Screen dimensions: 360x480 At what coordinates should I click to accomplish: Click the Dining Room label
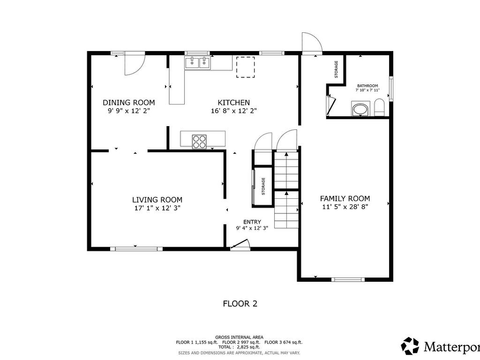(128, 103)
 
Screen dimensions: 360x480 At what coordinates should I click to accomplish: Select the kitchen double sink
(197, 63)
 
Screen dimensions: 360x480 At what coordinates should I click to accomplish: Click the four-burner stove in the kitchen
(199, 141)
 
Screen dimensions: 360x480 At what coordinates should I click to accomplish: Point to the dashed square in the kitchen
(245, 67)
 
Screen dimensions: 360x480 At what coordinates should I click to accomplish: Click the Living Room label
(157, 200)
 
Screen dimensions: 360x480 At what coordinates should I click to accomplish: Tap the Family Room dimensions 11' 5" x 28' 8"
(345, 207)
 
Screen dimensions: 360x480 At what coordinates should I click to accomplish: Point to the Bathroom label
(367, 86)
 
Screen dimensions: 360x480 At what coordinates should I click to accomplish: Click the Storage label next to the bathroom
(336, 69)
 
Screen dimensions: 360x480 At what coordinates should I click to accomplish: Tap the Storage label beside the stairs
(263, 186)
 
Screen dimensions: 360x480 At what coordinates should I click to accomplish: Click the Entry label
(252, 222)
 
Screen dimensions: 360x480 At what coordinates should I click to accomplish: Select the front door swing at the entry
(240, 245)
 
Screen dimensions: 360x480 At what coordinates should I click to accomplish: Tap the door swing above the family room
(312, 42)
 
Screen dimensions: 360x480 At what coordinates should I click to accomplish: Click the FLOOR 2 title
(240, 304)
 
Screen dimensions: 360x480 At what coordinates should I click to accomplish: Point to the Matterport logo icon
(410, 346)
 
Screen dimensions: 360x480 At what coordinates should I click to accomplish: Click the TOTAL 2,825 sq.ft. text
(239, 347)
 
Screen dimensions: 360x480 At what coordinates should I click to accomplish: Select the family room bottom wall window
(348, 280)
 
